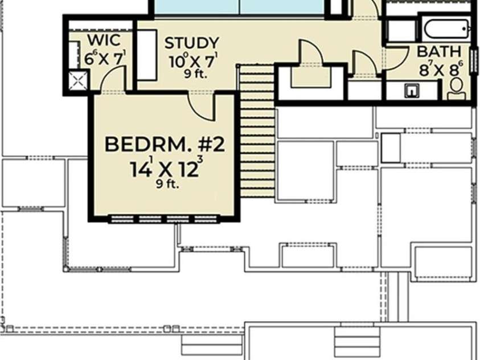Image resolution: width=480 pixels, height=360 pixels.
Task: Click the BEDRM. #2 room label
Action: (165, 145)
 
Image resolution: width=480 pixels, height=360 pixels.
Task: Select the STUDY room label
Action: (192, 43)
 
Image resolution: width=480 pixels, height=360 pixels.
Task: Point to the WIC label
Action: (104, 40)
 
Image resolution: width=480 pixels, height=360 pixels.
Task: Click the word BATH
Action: (439, 51)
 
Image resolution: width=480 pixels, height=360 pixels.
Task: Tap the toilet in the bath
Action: (456, 88)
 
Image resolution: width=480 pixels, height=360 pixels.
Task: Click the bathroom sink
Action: (412, 91)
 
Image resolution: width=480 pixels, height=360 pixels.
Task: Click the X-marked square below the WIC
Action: (78, 81)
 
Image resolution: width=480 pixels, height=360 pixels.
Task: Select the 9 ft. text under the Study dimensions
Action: (196, 74)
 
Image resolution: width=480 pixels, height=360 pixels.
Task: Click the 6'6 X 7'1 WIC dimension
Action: (105, 58)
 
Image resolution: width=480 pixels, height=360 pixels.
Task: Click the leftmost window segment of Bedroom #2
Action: (122, 219)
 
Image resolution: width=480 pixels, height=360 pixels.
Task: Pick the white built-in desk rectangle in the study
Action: (147, 55)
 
